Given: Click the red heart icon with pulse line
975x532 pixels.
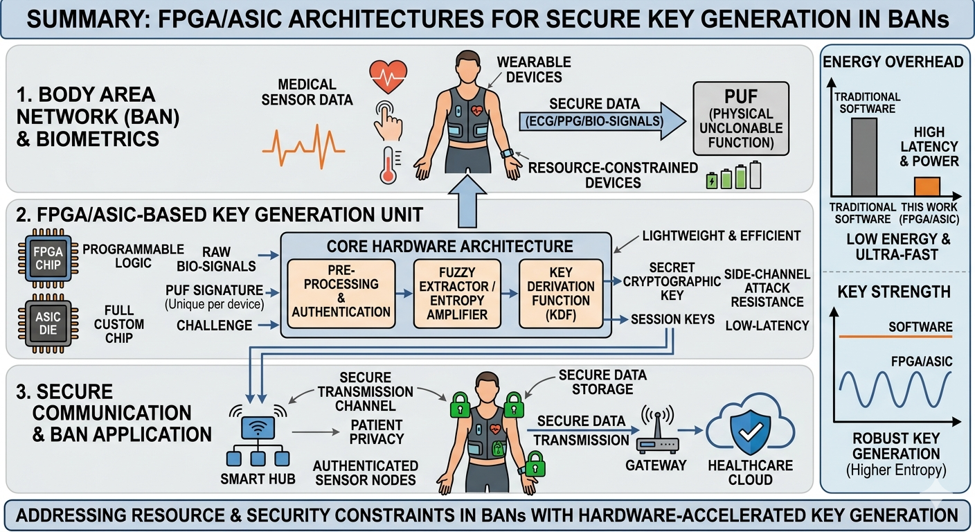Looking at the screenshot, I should pos(388,76).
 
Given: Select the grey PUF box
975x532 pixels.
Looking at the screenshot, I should pos(741,118).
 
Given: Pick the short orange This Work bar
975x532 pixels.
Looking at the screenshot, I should pos(927,187).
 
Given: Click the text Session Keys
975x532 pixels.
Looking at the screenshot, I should pos(672,319).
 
